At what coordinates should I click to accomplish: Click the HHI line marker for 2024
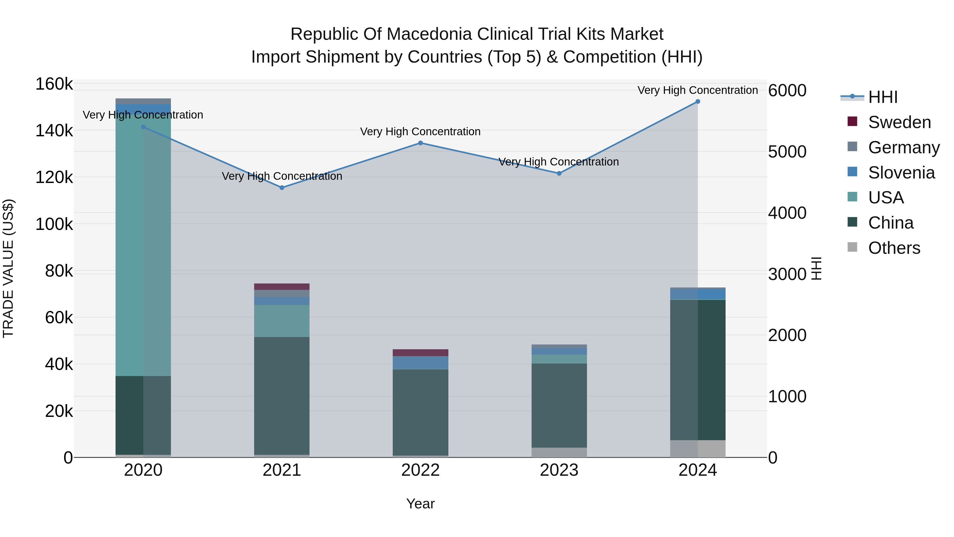pos(697,102)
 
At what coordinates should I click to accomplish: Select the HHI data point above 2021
pos(282,188)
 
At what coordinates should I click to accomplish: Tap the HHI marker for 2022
pos(420,143)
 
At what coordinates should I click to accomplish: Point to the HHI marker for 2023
pos(559,173)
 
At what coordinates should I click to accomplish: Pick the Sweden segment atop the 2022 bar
pos(420,353)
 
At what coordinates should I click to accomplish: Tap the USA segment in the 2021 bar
pos(282,321)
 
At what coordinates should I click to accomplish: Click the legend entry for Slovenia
pos(901,173)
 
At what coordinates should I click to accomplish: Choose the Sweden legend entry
pos(899,122)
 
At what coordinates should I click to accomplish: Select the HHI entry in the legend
pos(882,97)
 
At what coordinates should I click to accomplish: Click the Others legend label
pos(894,248)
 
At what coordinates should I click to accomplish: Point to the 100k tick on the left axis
pos(54,224)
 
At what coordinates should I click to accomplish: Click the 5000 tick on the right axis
pos(787,152)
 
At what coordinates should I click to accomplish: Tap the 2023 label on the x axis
pos(559,470)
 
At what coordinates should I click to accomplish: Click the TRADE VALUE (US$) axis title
pos(8,268)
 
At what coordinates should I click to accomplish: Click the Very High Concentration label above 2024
pos(697,90)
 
